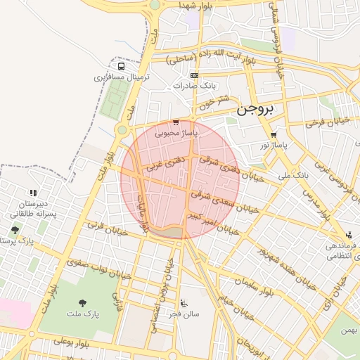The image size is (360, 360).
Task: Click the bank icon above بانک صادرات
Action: (x=194, y=76)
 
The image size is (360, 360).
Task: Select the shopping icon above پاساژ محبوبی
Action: (x=176, y=122)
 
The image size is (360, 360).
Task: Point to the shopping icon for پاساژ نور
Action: (x=273, y=135)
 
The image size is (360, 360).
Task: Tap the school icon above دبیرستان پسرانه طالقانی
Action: (x=32, y=193)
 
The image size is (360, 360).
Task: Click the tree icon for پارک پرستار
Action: (x=15, y=230)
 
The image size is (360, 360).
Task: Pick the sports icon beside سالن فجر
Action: (x=184, y=303)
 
